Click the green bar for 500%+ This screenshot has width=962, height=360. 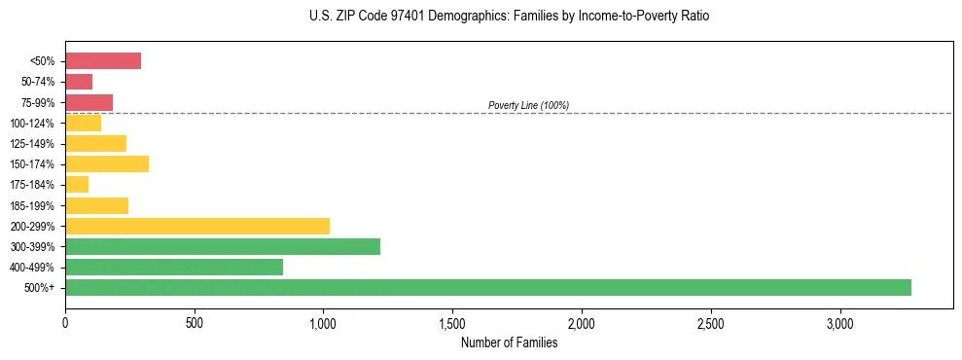coord(488,287)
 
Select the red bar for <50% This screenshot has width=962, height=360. coord(103,61)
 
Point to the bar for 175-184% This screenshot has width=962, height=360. coord(77,185)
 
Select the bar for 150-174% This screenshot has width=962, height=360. coord(107,164)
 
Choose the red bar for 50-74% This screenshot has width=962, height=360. coord(79,82)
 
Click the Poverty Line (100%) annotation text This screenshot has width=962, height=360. coord(528,105)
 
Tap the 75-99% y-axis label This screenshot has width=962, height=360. coord(38,103)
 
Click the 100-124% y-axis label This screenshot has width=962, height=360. coord(35,124)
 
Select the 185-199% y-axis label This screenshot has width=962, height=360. coord(35,206)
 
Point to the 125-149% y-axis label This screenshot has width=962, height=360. coord(35,144)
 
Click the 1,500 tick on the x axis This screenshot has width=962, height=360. coord(452,323)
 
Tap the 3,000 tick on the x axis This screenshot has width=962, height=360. coord(839,323)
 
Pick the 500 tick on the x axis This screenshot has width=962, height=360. coord(195,323)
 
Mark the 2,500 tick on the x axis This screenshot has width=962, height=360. coord(711,323)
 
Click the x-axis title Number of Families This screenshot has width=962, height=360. coord(509,342)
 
